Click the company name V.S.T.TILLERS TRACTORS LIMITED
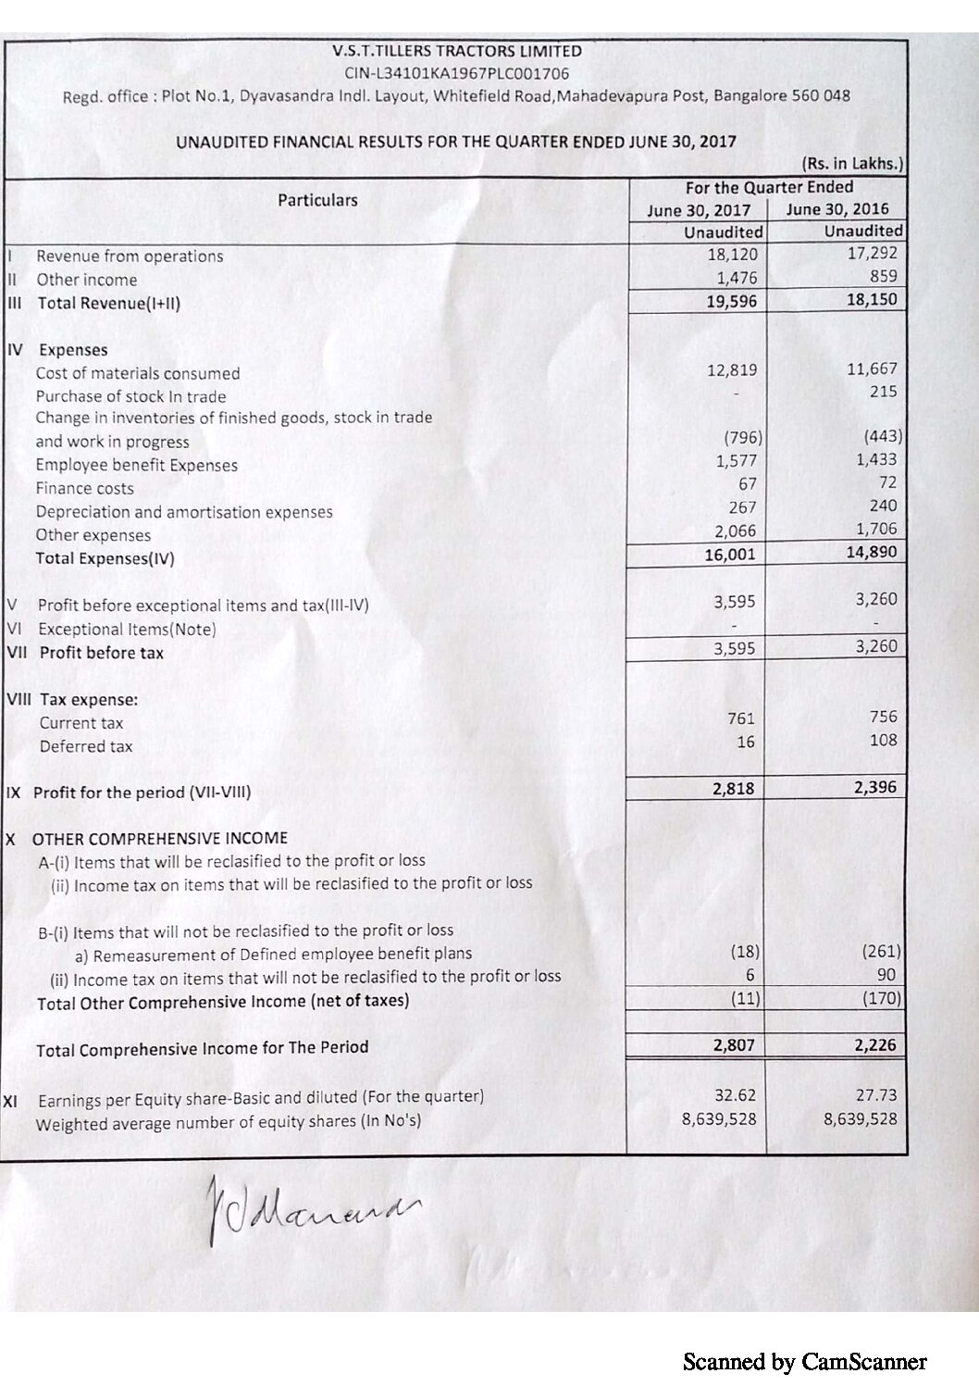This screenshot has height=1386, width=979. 456,52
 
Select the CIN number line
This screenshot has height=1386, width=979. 456,73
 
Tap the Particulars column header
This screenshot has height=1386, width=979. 317,200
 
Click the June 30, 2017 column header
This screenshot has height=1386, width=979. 699,210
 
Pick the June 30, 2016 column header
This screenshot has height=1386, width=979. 836,209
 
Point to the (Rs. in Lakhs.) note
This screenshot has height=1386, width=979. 852,164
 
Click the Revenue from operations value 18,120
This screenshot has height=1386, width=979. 732,255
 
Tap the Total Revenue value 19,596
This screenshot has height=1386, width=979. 731,301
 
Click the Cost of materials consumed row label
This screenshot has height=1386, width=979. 138,374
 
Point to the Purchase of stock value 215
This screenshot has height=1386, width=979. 883,392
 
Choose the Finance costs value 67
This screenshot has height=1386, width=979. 747,484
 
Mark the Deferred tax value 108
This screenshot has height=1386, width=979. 883,740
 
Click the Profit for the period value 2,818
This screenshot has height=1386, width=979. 733,789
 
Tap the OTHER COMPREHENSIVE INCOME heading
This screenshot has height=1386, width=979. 160,839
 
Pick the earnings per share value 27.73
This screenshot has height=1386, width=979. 875,1095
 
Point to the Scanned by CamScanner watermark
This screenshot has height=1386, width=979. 804,1361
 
